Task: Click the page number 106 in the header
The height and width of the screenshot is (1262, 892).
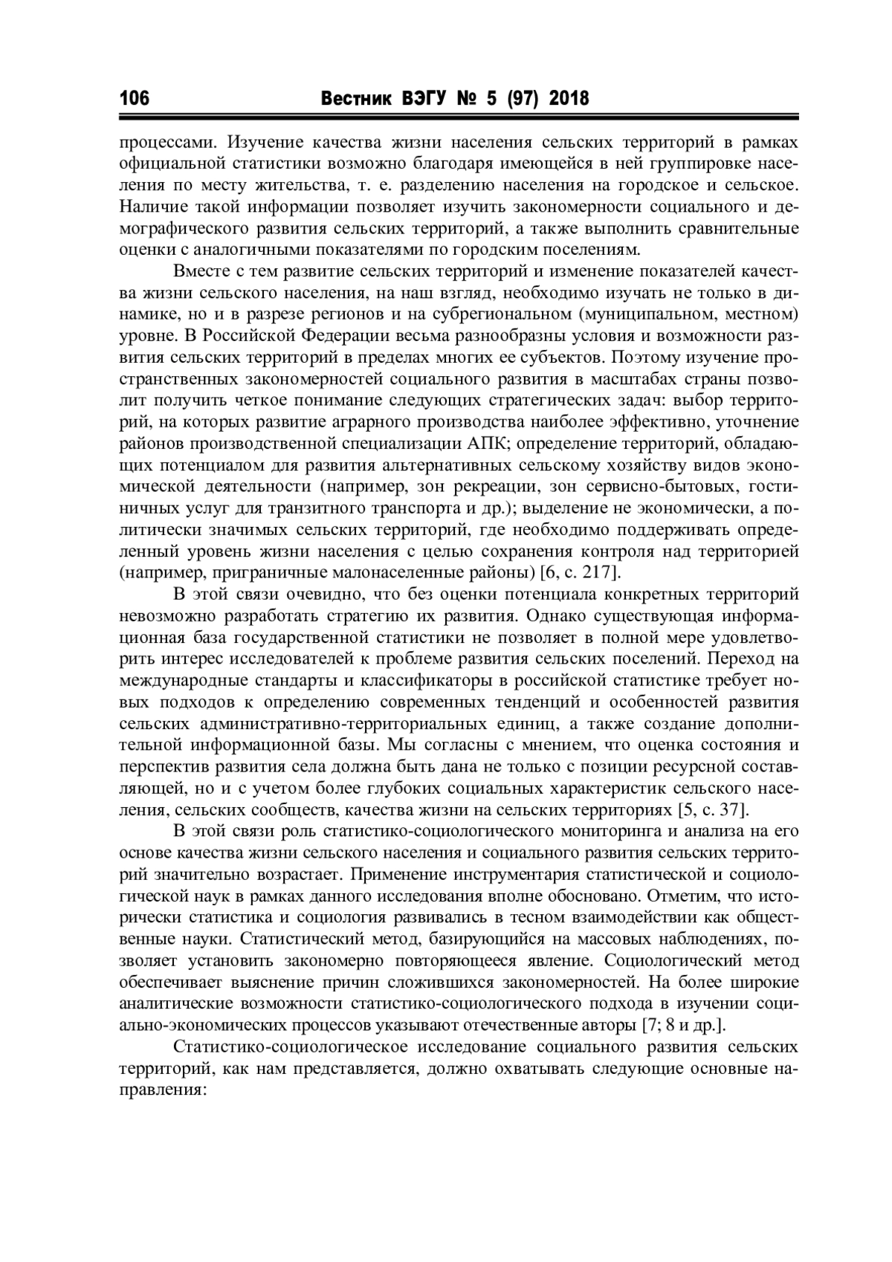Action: [135, 98]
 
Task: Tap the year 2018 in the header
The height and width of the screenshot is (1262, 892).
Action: [569, 98]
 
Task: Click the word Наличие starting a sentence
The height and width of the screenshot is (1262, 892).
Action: [152, 206]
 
